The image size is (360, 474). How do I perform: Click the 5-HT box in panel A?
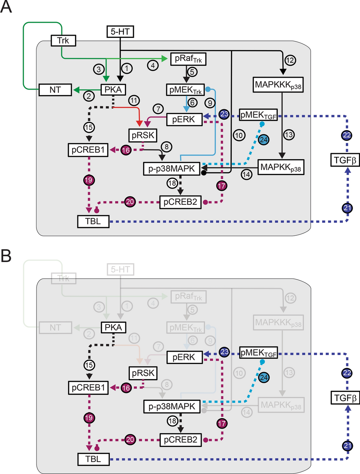[120, 32]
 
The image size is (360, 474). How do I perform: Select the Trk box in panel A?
[63, 41]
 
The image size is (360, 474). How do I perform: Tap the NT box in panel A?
[55, 90]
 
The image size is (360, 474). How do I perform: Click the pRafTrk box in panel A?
[188, 59]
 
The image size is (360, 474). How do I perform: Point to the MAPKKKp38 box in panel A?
[278, 85]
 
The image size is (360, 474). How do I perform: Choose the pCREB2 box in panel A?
[180, 202]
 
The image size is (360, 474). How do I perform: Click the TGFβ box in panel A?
[345, 160]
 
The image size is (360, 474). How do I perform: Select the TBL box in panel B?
[93, 459]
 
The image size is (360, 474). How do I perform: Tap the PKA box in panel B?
[113, 327]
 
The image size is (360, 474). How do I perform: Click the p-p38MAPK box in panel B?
[172, 406]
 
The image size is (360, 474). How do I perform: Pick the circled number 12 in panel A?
[290, 60]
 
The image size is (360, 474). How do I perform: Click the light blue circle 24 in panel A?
[264, 140]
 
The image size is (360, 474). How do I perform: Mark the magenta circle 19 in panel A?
[89, 180]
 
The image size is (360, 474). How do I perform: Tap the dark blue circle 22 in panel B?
[347, 373]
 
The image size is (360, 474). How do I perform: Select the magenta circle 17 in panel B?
[222, 423]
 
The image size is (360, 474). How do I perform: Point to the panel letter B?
[6, 256]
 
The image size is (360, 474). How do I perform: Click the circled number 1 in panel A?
[127, 68]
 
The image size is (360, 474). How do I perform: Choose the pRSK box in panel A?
[143, 135]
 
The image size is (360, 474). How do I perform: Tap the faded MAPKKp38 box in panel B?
[281, 405]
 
